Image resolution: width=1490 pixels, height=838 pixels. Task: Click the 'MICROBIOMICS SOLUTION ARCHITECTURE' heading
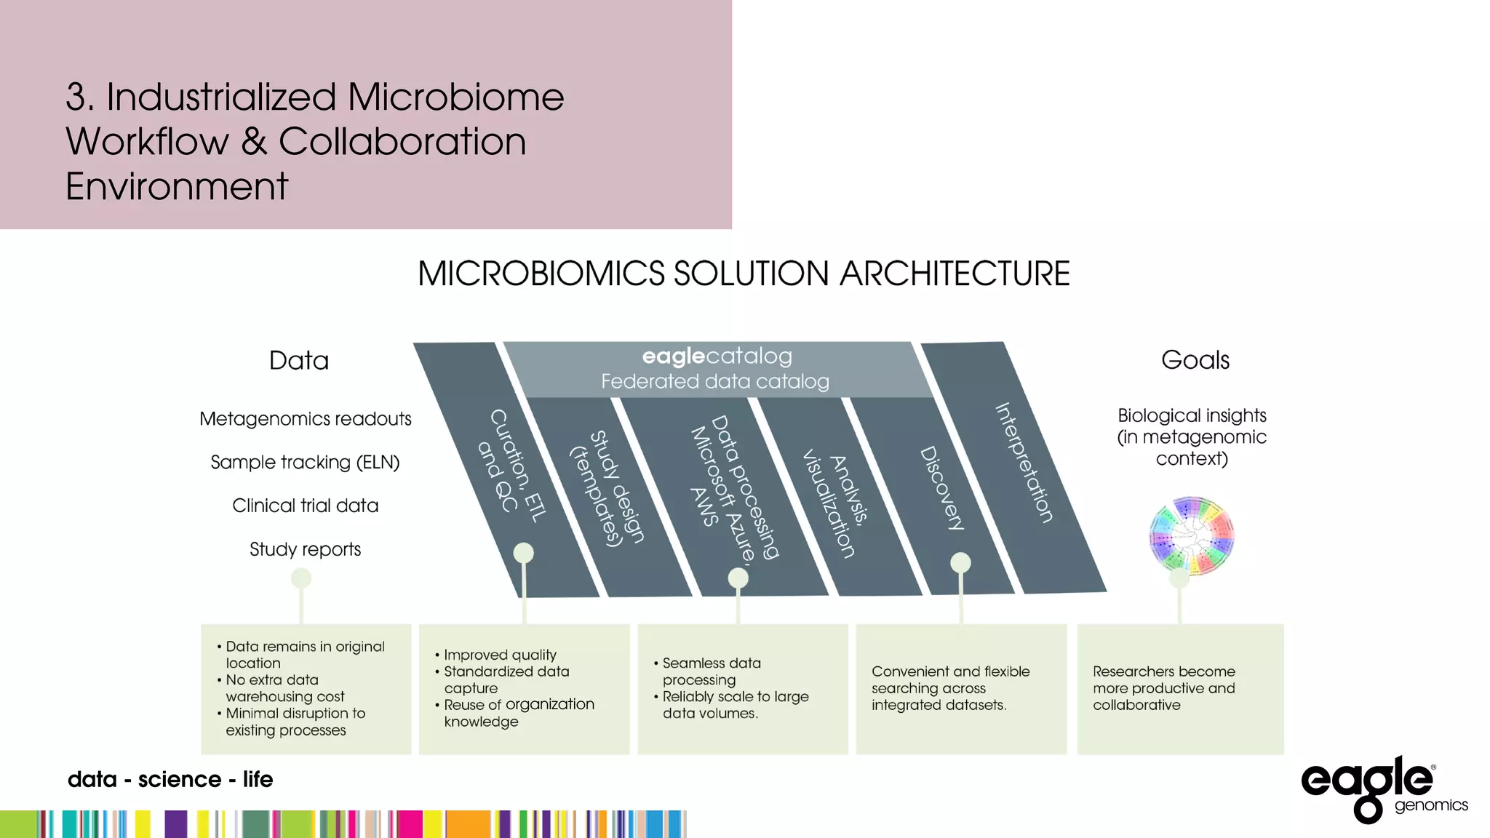pos(744,274)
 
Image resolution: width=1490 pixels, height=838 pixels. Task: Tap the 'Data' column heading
pos(298,361)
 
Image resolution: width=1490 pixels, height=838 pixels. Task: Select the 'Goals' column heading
pos(1195,360)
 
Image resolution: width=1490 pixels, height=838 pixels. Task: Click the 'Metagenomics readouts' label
pos(306,419)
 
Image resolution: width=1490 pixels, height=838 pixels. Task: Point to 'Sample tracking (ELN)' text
pos(305,463)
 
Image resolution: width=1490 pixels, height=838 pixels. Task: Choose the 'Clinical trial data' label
pos(305,506)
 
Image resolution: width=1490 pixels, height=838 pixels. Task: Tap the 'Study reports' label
pos(305,549)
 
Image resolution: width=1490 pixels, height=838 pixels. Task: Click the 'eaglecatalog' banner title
pos(717,356)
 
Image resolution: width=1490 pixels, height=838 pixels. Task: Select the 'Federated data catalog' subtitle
pos(714,382)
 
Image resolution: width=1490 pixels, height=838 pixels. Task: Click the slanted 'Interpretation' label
pos(1024,463)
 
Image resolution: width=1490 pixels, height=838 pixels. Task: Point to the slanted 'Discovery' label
pos(942,488)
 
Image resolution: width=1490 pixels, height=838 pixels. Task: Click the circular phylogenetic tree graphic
pos(1192,536)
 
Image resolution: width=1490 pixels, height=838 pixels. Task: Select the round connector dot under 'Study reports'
pos(301,578)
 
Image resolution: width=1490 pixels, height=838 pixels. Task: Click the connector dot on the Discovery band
pos(960,562)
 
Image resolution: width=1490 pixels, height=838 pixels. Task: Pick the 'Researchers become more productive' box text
pos(1163,688)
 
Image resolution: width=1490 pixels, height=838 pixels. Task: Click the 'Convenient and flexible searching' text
pos(950,688)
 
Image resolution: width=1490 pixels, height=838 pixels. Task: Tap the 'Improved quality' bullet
pos(500,655)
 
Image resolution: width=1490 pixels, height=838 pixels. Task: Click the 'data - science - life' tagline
pos(170,780)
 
